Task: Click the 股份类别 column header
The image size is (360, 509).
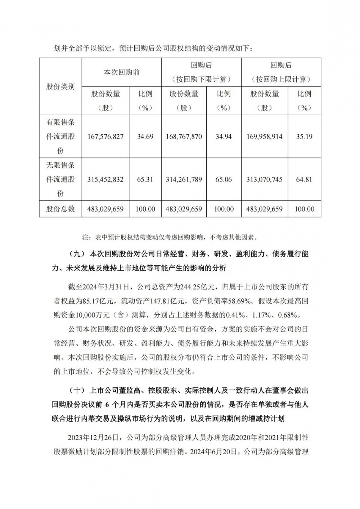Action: click(x=60, y=87)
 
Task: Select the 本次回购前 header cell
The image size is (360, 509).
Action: click(x=122, y=72)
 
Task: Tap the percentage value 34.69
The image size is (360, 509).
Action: click(x=145, y=137)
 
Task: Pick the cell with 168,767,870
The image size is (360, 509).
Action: click(x=184, y=137)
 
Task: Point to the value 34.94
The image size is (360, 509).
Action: click(x=223, y=137)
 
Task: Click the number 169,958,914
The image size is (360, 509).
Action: click(x=265, y=137)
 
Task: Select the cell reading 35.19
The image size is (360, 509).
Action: click(x=304, y=137)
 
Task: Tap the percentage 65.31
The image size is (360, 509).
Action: click(x=145, y=179)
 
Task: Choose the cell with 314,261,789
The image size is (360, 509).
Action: click(x=184, y=179)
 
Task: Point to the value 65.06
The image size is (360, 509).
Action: click(x=223, y=179)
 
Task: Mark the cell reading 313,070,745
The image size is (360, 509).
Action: click(x=265, y=179)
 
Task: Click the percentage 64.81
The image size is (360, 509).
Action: click(x=304, y=179)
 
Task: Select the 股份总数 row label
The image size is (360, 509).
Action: click(x=60, y=209)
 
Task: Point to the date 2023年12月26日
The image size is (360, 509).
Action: click(x=93, y=438)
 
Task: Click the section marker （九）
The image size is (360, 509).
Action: click(x=76, y=254)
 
